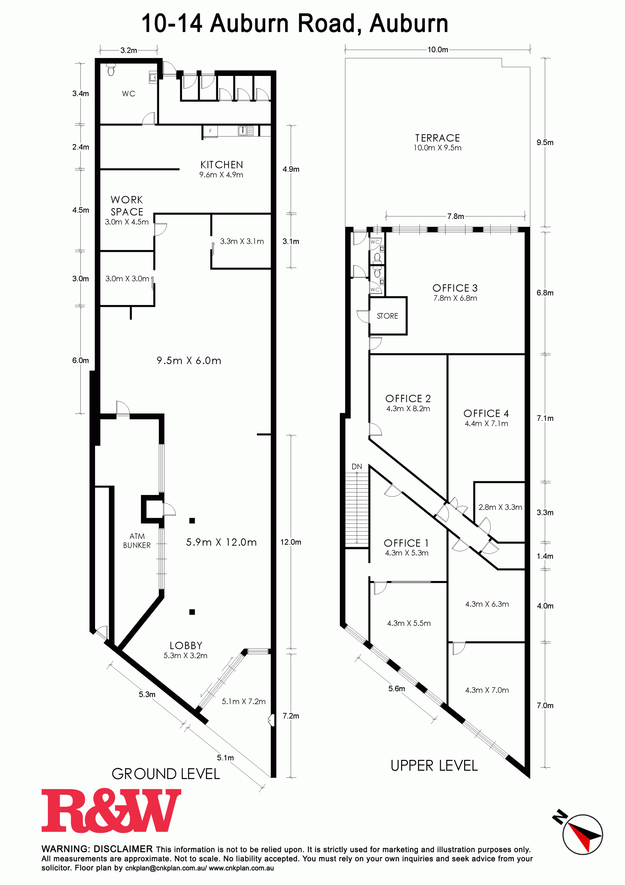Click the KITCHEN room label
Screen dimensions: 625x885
tap(221, 165)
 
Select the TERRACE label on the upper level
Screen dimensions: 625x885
tap(437, 138)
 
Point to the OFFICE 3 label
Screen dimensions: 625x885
tap(455, 288)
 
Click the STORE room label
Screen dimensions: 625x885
tap(387, 316)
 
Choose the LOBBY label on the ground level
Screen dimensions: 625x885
tap(186, 646)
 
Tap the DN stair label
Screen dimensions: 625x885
tap(356, 467)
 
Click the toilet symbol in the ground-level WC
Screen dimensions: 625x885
tap(111, 69)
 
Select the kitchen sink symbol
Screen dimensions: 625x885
tap(245, 131)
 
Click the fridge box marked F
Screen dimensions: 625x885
tap(210, 131)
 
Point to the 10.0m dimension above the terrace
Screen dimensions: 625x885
tap(437, 50)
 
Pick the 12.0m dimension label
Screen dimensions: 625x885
tap(291, 542)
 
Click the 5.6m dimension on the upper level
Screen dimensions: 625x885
tap(396, 689)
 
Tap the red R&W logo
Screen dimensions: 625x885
tap(111, 810)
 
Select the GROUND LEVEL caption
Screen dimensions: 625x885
tap(166, 774)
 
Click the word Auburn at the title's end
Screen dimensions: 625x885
tap(409, 23)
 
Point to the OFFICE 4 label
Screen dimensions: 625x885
tap(486, 413)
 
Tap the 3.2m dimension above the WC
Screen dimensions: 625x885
tap(129, 51)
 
